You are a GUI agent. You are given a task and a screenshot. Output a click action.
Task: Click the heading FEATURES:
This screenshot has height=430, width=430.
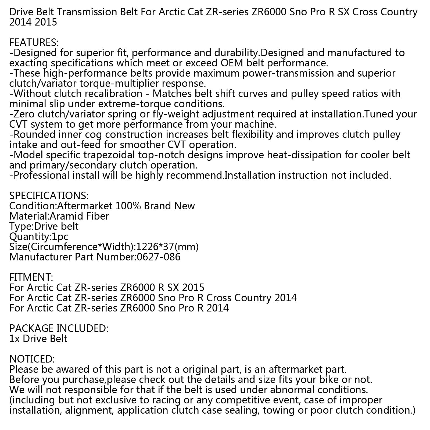click(x=34, y=42)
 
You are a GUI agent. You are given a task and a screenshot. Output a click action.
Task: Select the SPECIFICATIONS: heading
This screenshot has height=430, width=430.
click(x=49, y=195)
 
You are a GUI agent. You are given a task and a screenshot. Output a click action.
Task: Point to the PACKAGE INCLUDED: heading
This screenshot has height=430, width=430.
click(x=59, y=328)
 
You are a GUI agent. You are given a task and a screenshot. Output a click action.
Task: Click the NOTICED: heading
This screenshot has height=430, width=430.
click(x=32, y=359)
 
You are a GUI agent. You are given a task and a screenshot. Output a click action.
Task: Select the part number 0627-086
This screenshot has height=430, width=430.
click(x=158, y=257)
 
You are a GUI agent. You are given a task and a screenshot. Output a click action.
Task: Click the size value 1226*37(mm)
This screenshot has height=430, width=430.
click(x=167, y=246)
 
